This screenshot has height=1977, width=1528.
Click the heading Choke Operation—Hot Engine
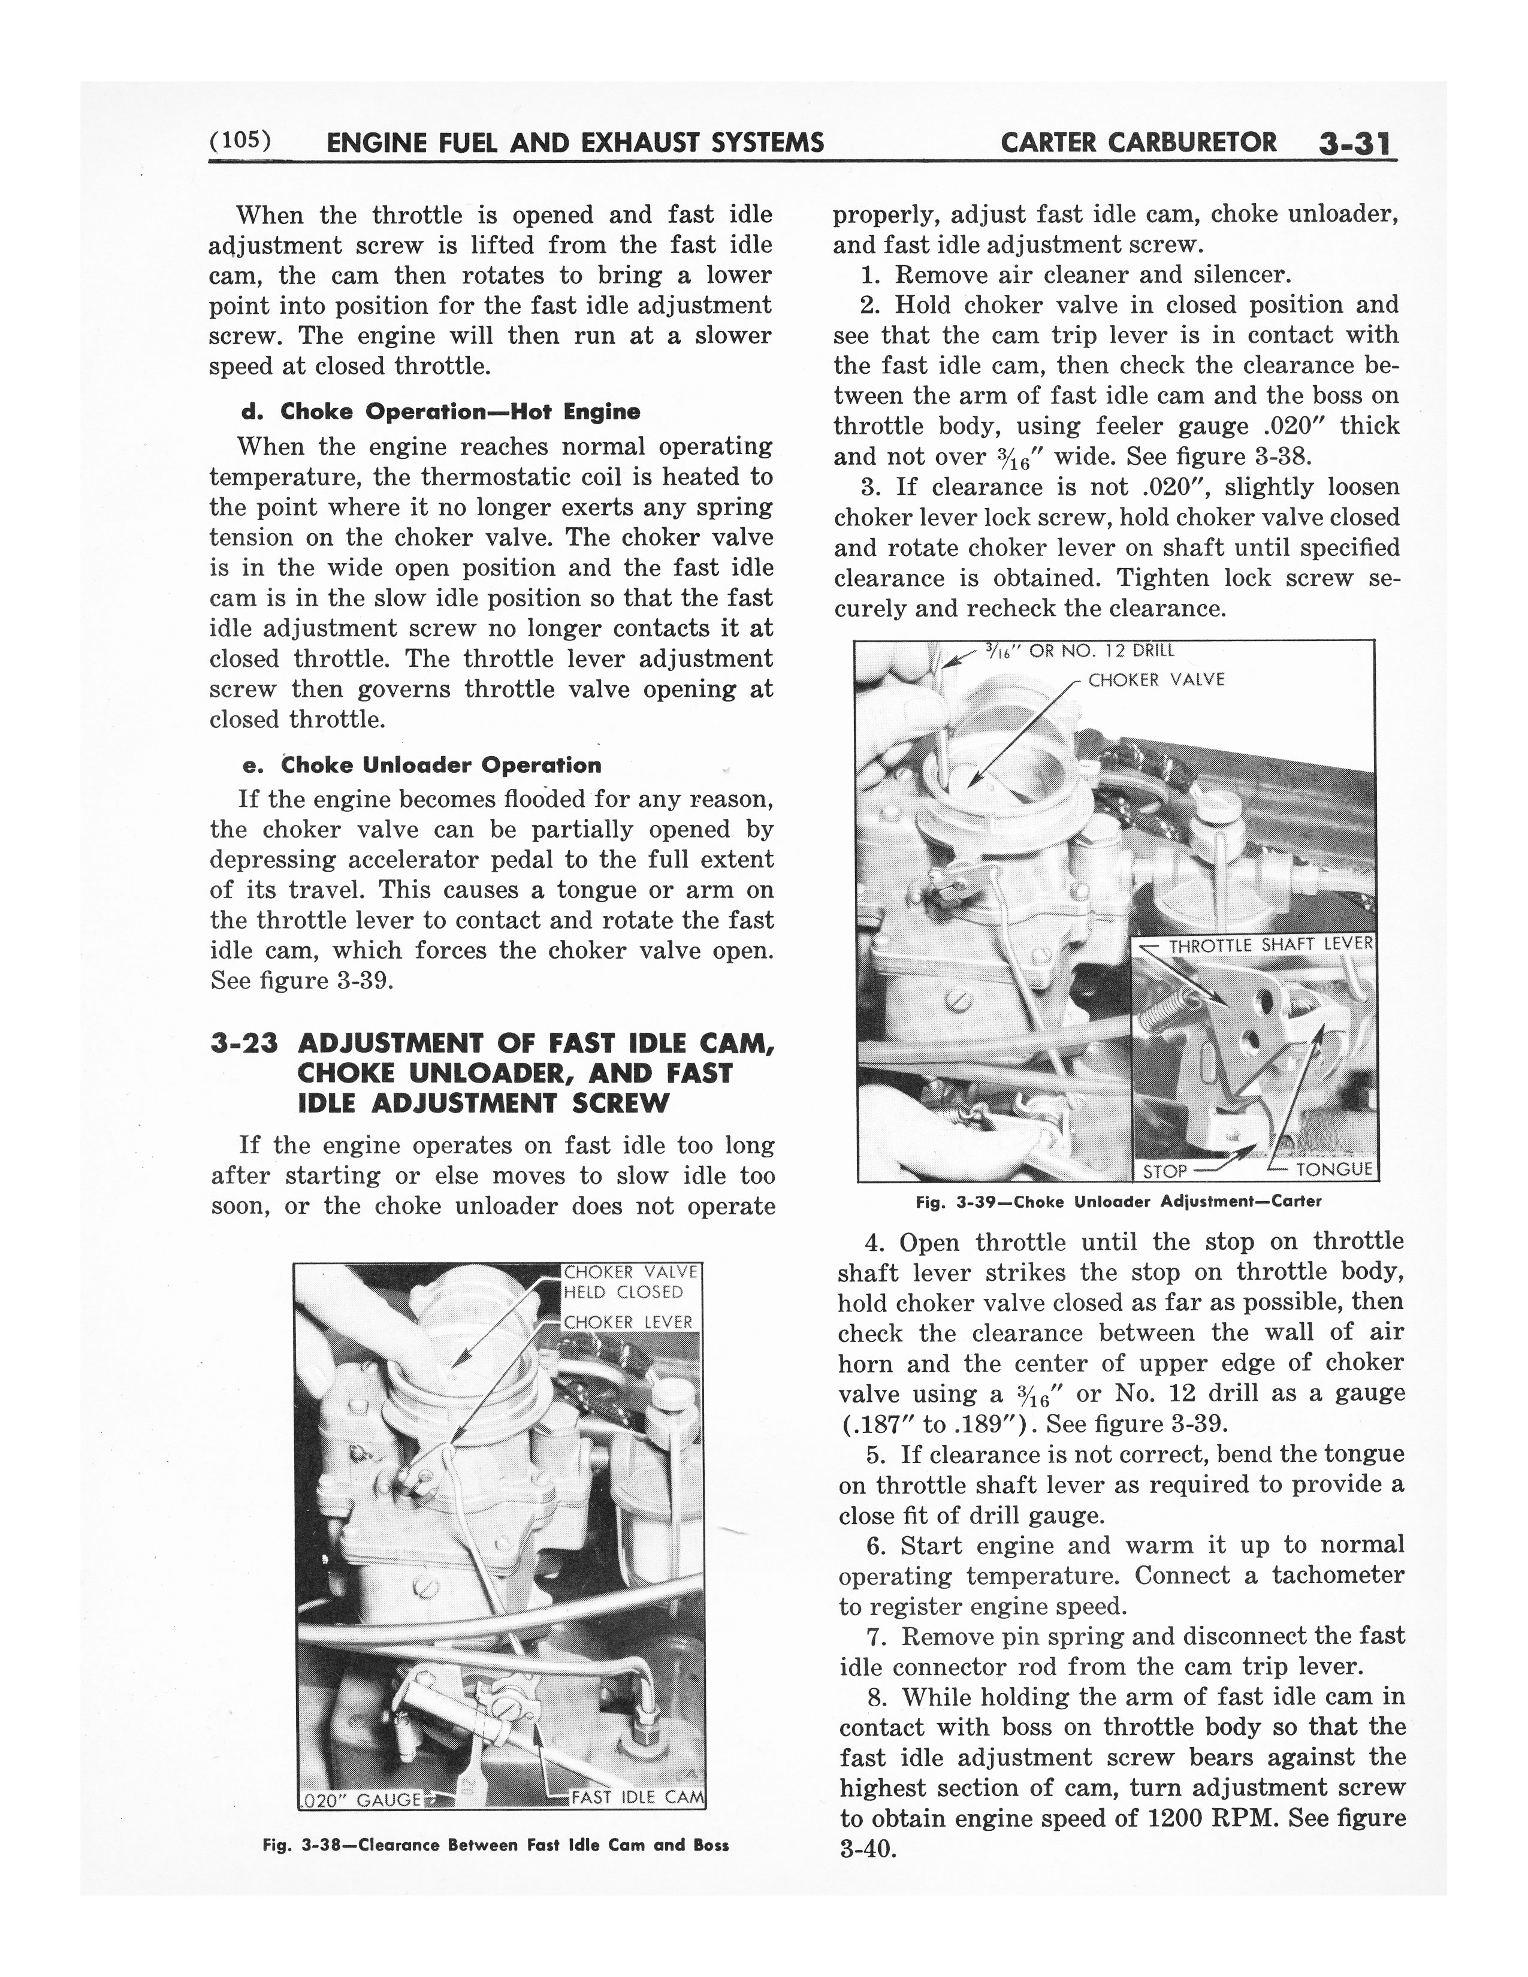442,412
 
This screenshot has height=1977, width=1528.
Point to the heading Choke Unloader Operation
422,765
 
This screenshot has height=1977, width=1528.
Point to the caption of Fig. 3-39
1118,1202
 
